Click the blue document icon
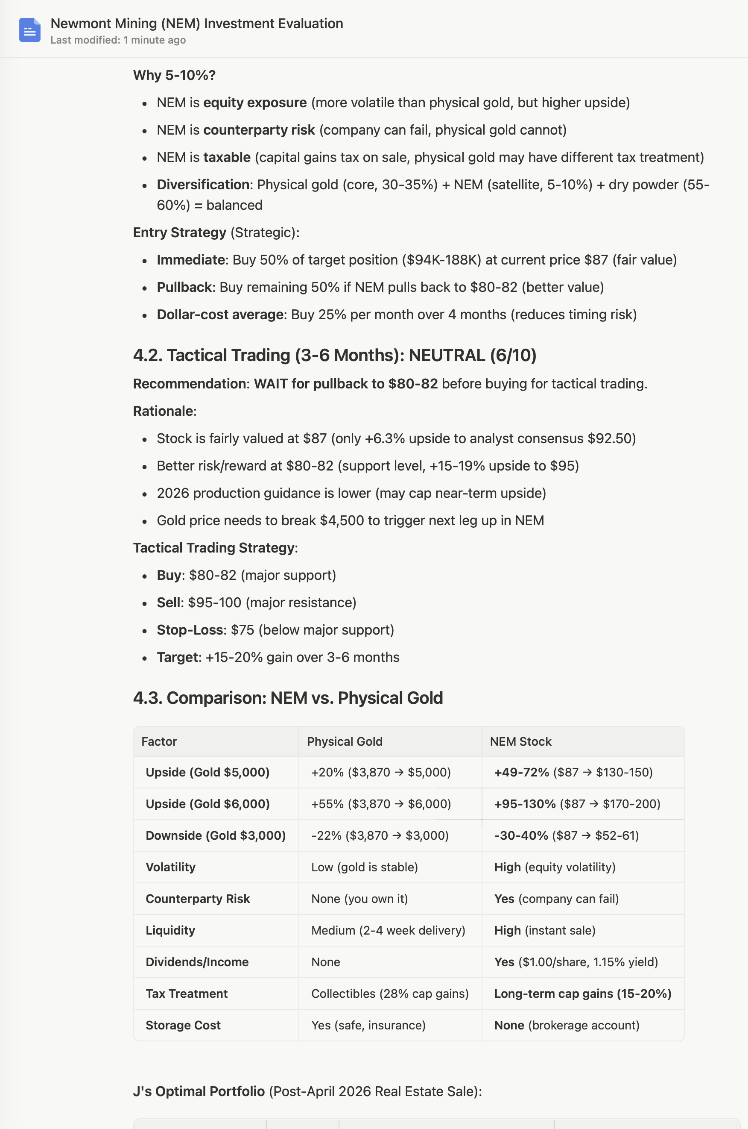tap(29, 30)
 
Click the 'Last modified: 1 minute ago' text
tap(118, 40)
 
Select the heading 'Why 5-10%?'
tap(174, 76)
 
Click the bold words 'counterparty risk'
tap(259, 130)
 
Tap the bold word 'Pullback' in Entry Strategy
tap(184, 287)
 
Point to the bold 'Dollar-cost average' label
tap(220, 315)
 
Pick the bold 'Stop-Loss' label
tap(190, 629)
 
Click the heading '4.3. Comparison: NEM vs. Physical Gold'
tap(288, 698)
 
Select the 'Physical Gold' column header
tap(345, 741)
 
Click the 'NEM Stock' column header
tap(520, 741)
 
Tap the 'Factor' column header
tap(159, 741)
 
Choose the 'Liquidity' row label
tap(170, 930)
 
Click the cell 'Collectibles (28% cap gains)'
tap(390, 994)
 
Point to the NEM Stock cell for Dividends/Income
tap(576, 962)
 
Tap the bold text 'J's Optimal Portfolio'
tap(199, 1091)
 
